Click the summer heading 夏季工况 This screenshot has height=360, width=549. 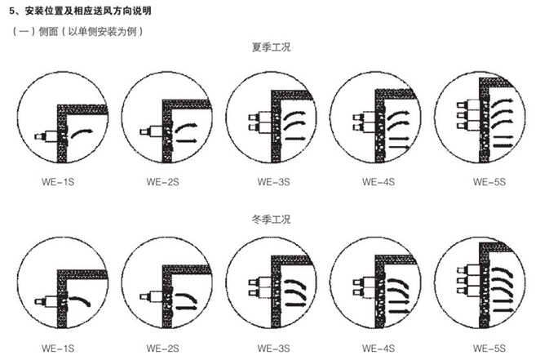271,47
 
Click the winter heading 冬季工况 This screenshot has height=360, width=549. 271,220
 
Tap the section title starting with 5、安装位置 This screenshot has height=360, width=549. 81,11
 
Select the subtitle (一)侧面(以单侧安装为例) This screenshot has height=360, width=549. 77,32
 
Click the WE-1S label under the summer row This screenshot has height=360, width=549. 58,182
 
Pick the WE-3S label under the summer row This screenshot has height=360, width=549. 273,182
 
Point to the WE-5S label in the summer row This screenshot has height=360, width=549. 489,182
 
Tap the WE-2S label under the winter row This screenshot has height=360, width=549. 162,349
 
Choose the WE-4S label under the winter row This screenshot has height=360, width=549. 379,349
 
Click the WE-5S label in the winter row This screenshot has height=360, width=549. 489,349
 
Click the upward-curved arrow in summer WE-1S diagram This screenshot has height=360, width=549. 82,131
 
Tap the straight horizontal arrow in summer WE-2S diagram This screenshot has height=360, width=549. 187,141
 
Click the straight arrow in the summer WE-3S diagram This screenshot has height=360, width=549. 295,139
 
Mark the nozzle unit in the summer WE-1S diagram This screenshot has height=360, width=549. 46,136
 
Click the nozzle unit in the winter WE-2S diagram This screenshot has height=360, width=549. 151,297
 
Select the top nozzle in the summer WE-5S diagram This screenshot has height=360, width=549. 468,104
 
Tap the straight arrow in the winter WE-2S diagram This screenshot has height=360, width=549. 187,308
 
